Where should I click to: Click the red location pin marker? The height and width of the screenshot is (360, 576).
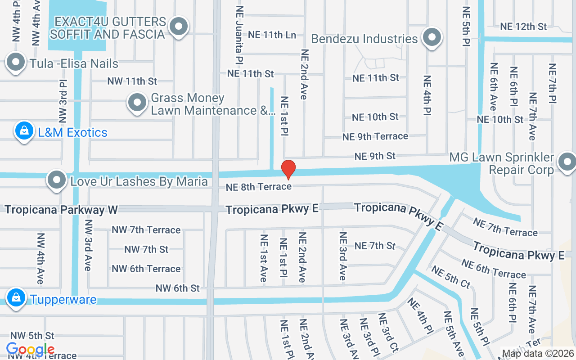tap(288, 169)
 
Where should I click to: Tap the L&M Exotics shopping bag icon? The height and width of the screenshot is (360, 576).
tap(24, 131)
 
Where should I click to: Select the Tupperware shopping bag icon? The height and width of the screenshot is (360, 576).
tap(16, 298)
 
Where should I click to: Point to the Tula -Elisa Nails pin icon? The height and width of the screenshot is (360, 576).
tap(16, 63)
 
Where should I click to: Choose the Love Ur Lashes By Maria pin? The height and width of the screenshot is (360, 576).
tap(57, 180)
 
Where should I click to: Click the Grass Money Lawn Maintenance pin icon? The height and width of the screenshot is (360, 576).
tap(137, 103)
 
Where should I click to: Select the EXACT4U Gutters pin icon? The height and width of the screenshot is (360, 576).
tap(179, 27)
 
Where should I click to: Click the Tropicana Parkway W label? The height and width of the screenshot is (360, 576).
tap(61, 210)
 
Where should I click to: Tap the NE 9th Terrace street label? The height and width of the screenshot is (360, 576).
tap(375, 136)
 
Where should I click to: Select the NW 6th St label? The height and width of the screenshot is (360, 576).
tap(177, 288)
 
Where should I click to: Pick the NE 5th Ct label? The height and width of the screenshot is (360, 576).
tap(450, 277)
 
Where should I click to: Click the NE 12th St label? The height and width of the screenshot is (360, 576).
tap(523, 27)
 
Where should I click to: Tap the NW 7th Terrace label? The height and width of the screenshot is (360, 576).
tap(146, 230)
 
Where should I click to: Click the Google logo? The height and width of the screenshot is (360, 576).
tap(30, 349)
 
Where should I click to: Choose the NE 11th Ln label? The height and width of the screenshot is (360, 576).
tap(272, 34)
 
